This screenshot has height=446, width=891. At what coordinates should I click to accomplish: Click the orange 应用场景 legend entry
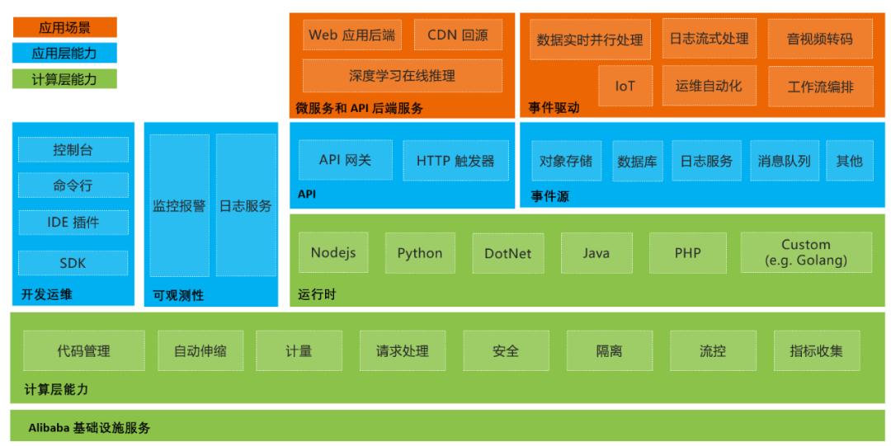coord(64,28)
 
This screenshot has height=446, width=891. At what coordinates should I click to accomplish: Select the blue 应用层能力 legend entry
coord(64,54)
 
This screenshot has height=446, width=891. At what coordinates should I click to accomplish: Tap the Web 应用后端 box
coord(351,35)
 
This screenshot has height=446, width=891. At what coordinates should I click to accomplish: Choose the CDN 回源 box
coord(457,35)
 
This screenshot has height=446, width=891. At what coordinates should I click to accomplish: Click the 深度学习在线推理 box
coord(402,76)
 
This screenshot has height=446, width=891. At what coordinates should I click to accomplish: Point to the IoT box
coord(625,86)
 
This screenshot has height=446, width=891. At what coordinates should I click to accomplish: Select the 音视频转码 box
coord(819,39)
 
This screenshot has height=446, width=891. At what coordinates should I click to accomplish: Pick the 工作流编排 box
coord(820,86)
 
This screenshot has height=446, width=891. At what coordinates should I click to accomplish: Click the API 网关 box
coord(345,160)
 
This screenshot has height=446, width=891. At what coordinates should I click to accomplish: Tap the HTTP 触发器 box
coord(455,161)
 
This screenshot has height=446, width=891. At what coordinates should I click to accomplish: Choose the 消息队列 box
coord(784,161)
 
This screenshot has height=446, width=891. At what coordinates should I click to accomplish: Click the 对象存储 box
coord(566,161)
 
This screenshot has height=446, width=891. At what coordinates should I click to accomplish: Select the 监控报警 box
coord(179,205)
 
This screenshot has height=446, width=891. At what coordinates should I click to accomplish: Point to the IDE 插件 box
coord(73,222)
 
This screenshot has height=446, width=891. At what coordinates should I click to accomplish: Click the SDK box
coord(73,263)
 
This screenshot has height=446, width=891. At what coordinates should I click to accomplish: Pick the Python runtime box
coord(419,253)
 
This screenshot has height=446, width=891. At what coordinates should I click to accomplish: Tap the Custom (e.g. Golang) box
coord(805,252)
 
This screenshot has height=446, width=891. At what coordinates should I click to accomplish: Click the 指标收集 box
coord(816,351)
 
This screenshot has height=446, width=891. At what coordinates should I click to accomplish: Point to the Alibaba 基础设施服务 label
coord(89,428)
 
